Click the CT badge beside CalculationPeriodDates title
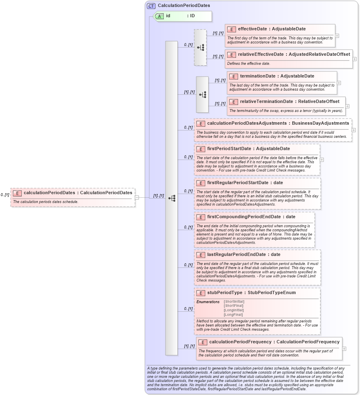coord(151,6)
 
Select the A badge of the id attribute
coord(159,16)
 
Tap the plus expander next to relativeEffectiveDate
coord(354,59)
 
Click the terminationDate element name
coord(257,76)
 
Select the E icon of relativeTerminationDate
coord(234,102)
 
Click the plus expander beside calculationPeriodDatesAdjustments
coord(353,130)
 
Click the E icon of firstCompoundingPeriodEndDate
coord(201,217)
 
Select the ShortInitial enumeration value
coord(234,301)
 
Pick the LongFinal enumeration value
coord(233,315)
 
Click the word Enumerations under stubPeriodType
coord(208,302)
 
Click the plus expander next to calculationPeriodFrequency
coord(344,349)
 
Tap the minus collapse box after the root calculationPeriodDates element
coord(137,197)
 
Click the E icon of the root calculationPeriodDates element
coord(17,192)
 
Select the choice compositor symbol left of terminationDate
coord(202,94)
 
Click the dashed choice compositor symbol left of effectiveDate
coord(200,47)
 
